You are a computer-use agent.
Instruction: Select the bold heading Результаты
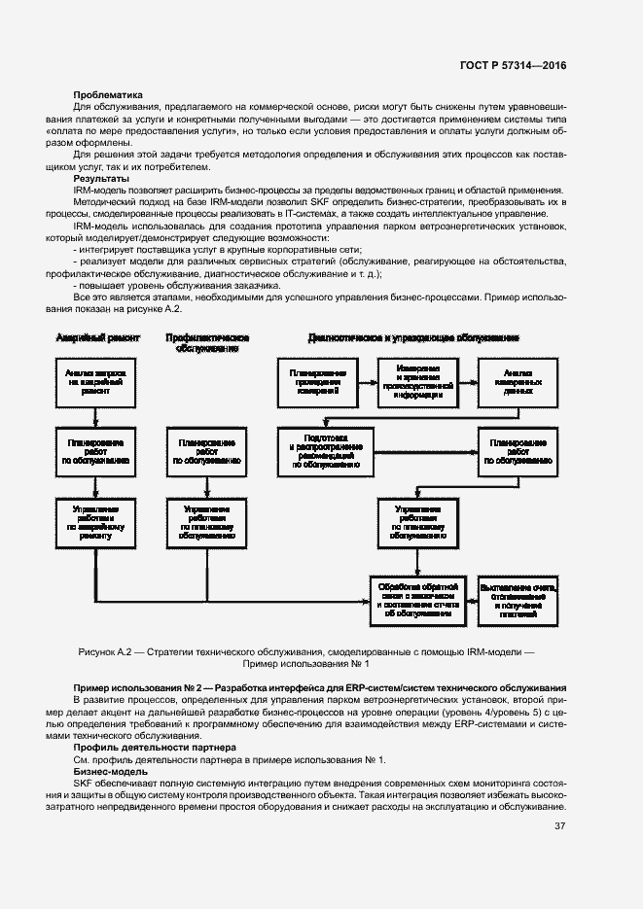pyautogui.click(x=100, y=180)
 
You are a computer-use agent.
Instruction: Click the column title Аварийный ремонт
pyautogui.click(x=98, y=337)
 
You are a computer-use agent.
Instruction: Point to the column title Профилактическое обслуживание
pyautogui.click(x=206, y=342)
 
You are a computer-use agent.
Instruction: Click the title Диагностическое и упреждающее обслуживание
pyautogui.click(x=413, y=337)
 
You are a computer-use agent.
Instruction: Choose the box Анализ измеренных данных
pyautogui.click(x=517, y=383)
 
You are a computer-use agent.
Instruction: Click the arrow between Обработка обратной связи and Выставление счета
pyautogui.click(x=468, y=599)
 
